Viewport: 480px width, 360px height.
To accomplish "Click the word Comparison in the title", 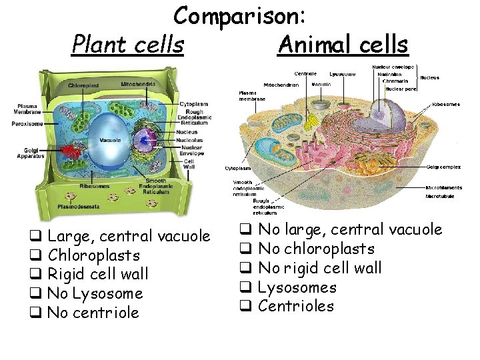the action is coord(240,16).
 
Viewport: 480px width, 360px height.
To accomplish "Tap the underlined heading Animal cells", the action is coord(343,45).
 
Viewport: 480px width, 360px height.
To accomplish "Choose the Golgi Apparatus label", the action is coord(31,153).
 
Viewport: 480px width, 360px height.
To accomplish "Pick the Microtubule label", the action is coord(440,197).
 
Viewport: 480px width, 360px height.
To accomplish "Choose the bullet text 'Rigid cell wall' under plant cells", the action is coord(99,274).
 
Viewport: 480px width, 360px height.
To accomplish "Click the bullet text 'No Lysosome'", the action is coord(96,293).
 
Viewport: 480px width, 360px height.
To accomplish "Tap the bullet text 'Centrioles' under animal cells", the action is coord(295,306).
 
